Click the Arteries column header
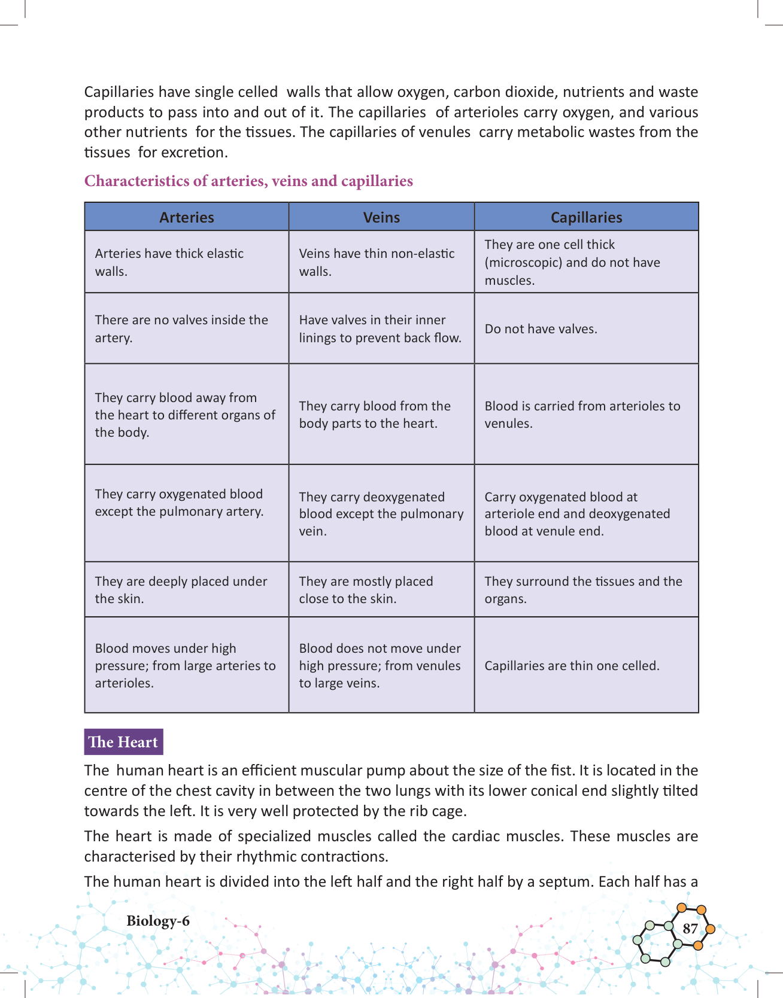(x=186, y=217)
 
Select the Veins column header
(x=381, y=217)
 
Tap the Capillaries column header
(x=586, y=217)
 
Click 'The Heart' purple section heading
(x=123, y=742)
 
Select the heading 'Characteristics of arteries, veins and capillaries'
(x=248, y=181)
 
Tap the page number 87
(x=690, y=929)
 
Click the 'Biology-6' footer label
(x=158, y=921)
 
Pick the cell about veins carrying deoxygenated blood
(x=381, y=514)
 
